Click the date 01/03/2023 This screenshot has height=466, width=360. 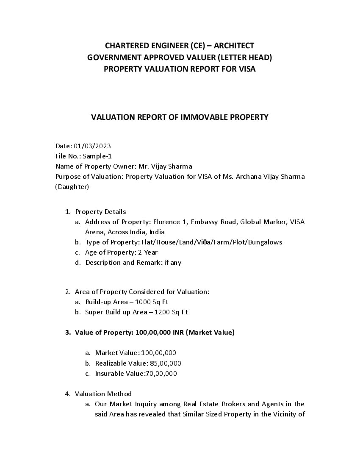point(92,146)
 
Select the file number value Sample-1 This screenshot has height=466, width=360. point(97,156)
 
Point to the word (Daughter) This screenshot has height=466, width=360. point(72,187)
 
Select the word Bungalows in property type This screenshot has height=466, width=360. point(265,242)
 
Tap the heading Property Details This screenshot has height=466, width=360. point(100,212)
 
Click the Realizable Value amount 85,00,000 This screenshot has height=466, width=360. point(166,363)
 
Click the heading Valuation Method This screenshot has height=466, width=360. point(103,394)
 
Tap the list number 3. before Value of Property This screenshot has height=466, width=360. point(68,333)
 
